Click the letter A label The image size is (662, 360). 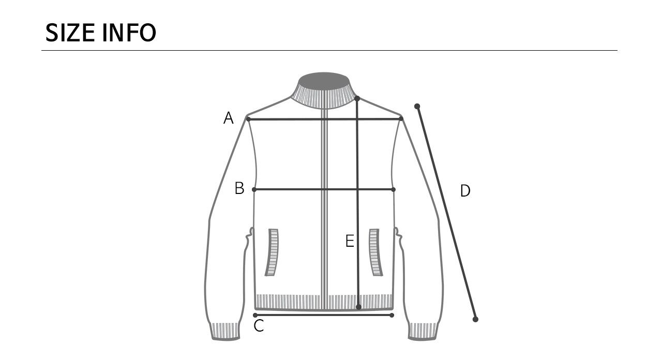(228, 118)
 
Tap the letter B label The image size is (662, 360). (239, 188)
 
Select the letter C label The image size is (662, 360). (259, 326)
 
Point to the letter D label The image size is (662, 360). (465, 191)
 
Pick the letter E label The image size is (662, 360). (350, 241)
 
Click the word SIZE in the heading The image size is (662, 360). (70, 33)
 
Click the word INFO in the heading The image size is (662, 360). (129, 33)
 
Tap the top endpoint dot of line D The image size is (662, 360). (417, 107)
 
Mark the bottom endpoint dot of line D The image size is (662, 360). (475, 319)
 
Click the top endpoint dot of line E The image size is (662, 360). (357, 98)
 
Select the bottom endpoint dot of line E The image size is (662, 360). (358, 307)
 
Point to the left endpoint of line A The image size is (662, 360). (248, 119)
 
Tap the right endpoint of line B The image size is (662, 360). (393, 190)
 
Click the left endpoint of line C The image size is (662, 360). (255, 315)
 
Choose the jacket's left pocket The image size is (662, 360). (272, 252)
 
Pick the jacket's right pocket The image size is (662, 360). (375, 252)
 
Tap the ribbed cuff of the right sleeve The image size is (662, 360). (423, 331)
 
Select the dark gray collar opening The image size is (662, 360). (324, 81)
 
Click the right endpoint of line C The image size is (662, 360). (392, 315)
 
